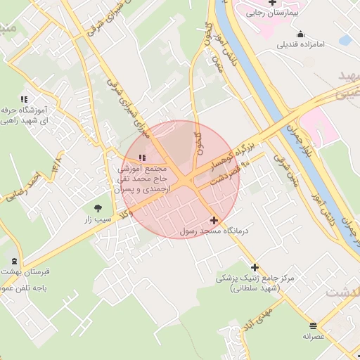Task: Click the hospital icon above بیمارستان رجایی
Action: pos(272,3)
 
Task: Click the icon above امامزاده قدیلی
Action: pos(300,34)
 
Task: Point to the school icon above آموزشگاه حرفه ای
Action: pos(24,100)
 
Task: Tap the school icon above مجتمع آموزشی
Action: pos(143,158)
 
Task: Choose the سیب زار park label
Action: pos(98,219)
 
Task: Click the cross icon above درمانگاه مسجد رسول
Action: pos(214,220)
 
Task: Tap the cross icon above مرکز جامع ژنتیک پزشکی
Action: pos(255,267)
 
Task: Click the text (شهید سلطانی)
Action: pos(254,288)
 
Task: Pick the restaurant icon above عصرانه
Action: pos(313,326)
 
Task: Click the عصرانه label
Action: pos(313,337)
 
